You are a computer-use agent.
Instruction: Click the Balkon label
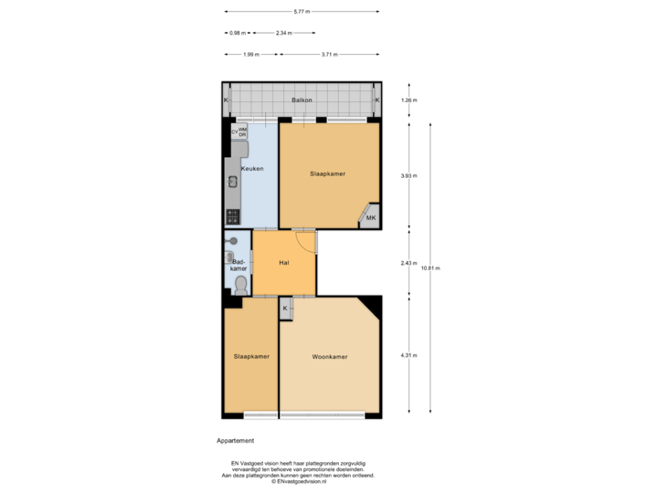point(302,100)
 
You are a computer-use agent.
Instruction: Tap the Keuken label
point(252,170)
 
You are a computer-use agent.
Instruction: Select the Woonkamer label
point(329,356)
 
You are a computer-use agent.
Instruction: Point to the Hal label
point(284,263)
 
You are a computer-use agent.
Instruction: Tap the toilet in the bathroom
point(239,285)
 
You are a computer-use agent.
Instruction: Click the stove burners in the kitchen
point(232,217)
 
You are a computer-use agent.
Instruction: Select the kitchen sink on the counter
point(233,181)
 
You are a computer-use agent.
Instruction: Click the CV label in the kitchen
point(234,131)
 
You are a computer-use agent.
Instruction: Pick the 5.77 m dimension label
point(302,12)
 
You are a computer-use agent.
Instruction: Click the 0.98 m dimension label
point(237,33)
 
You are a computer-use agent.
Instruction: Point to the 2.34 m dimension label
point(283,33)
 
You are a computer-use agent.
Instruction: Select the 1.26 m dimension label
point(409,100)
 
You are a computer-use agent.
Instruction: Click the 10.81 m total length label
point(430,267)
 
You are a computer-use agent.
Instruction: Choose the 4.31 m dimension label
point(409,355)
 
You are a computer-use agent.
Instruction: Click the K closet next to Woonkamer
point(285,309)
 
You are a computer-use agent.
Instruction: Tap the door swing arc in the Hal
point(307,242)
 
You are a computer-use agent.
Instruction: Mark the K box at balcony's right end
point(377,100)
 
